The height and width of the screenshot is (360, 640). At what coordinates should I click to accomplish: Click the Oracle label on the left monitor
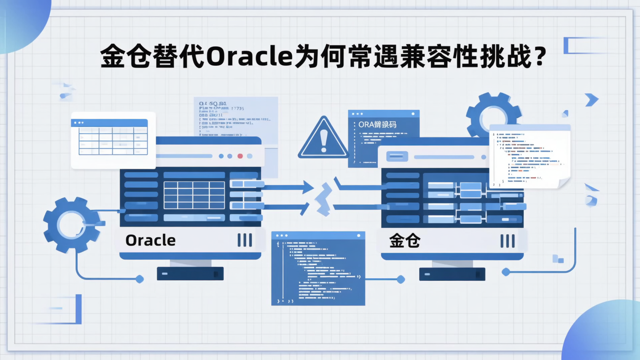[x=150, y=240]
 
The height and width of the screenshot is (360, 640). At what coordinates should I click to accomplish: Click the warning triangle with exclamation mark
[x=323, y=139]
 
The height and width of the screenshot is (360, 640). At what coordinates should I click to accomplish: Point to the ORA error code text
[x=377, y=124]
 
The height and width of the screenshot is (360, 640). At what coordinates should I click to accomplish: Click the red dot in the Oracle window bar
[x=240, y=156]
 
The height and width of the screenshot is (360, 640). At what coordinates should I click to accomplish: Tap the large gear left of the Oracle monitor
[x=71, y=225]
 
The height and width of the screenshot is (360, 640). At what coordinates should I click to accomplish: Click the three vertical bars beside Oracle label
[x=244, y=240]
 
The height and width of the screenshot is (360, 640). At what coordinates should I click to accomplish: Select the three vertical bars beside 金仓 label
[x=507, y=241]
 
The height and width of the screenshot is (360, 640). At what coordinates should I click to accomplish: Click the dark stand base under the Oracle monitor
[x=190, y=273]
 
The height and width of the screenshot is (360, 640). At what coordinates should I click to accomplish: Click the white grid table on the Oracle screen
[x=194, y=195]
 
